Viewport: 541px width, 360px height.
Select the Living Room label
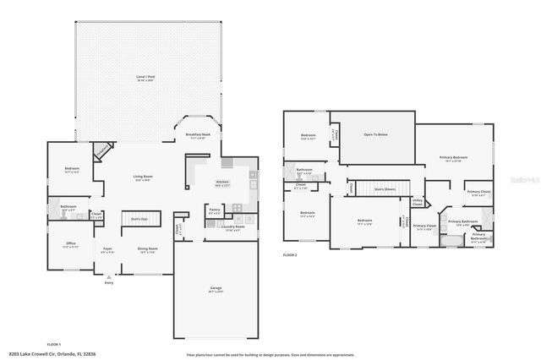pyautogui.click(x=142, y=177)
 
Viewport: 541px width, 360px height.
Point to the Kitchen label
pyautogui.click(x=222, y=182)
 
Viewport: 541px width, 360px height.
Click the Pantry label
pyautogui.click(x=214, y=210)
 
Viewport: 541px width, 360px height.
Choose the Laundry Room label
pyautogui.click(x=232, y=226)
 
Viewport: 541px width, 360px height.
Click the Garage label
pyautogui.click(x=216, y=288)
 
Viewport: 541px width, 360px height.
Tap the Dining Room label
pyautogui.click(x=148, y=248)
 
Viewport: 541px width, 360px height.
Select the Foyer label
pyautogui.click(x=107, y=248)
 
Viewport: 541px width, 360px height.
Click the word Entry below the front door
pyautogui.click(x=108, y=282)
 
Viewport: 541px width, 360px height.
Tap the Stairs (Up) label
pyautogui.click(x=139, y=218)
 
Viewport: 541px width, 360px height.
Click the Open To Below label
pyautogui.click(x=375, y=134)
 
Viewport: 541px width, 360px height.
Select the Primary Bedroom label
pyautogui.click(x=453, y=157)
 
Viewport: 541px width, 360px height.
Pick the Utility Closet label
pyautogui.click(x=418, y=201)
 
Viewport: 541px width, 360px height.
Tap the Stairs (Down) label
pyautogui.click(x=385, y=189)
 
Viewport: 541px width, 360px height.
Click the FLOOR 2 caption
pyautogui.click(x=291, y=254)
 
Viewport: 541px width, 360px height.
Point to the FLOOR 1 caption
pyautogui.click(x=55, y=344)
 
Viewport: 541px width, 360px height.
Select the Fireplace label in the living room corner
pyautogui.click(x=101, y=150)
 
